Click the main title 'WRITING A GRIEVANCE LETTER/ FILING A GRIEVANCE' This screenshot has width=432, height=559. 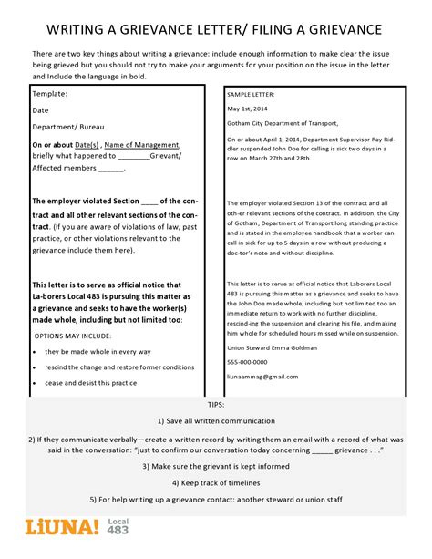[215, 31]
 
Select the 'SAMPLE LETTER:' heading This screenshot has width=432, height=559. [252, 95]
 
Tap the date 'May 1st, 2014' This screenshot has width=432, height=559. [249, 109]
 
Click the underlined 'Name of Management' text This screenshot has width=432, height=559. [139, 144]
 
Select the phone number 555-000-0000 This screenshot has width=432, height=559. [251, 362]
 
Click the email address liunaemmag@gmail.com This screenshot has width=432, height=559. [262, 377]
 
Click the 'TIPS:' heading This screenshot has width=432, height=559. [215, 403]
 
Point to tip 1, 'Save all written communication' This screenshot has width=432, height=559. [215, 420]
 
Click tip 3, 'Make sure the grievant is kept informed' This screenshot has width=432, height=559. [215, 465]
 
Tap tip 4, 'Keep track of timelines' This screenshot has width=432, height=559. [215, 482]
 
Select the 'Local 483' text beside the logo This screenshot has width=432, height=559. [119, 531]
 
